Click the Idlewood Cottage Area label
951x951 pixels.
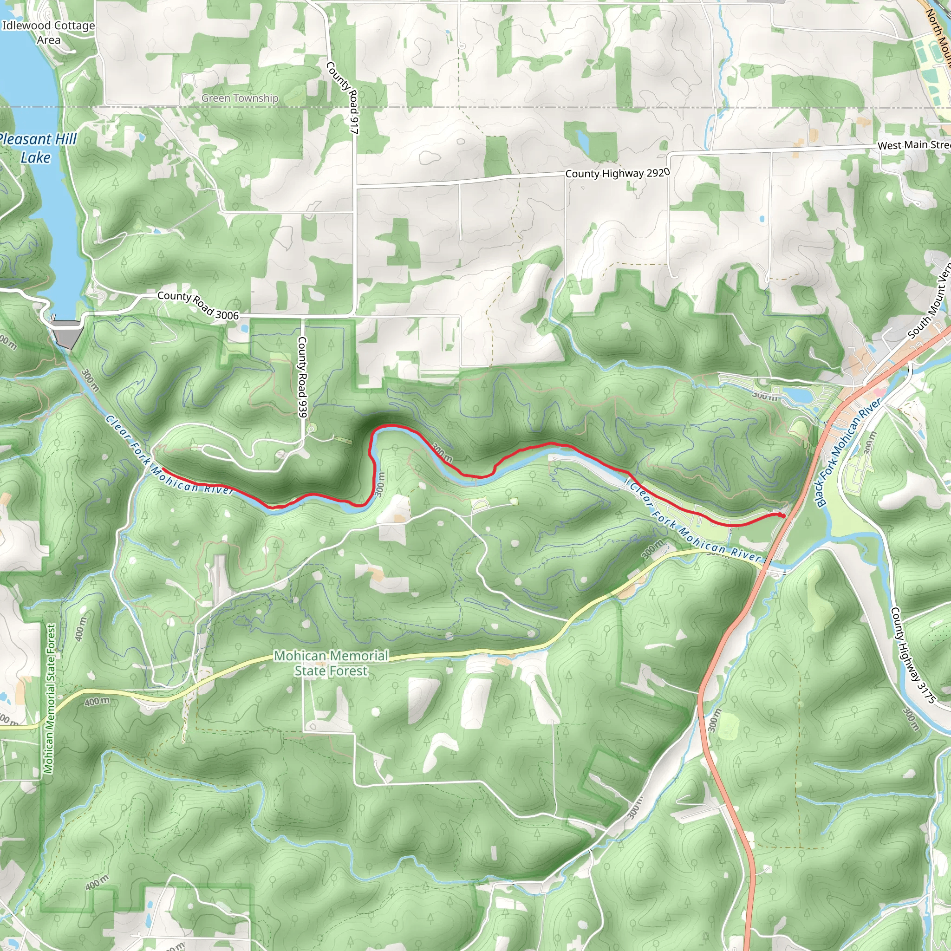point(48,33)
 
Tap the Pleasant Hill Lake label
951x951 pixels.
point(37,148)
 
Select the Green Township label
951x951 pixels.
point(240,98)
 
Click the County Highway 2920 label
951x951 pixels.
point(617,173)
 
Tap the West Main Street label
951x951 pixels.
point(913,145)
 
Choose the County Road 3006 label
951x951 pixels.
point(198,305)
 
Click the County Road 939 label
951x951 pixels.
point(302,377)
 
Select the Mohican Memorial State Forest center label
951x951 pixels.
point(331,664)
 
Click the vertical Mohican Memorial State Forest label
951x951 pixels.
point(50,698)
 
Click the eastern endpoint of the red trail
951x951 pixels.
point(782,515)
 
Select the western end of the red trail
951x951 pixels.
point(163,469)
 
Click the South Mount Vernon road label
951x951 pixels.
point(930,302)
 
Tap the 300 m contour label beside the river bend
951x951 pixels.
point(379,484)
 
